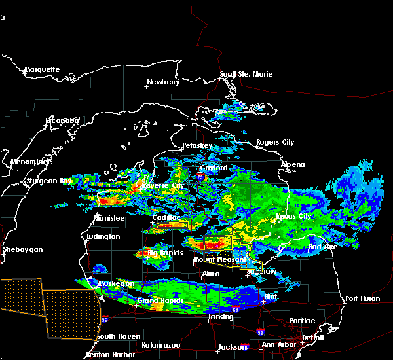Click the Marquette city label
point(43,69)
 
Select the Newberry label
point(162,82)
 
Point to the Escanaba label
point(62,120)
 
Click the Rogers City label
point(276,142)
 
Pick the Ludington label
point(103,236)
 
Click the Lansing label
point(221,317)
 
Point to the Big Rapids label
point(164,252)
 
